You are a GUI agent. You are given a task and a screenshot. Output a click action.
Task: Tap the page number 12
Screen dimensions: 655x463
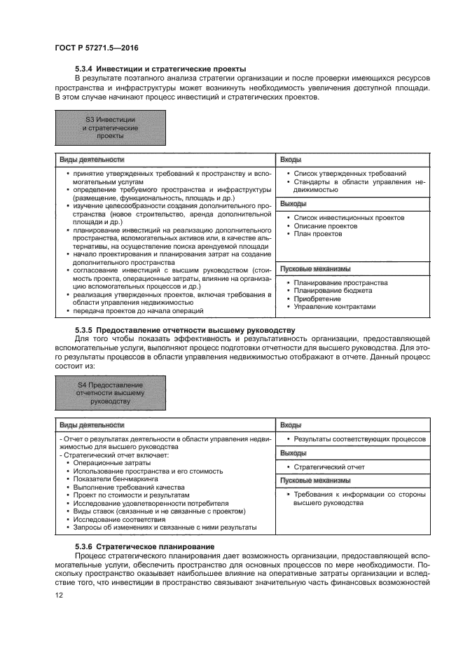[59, 595]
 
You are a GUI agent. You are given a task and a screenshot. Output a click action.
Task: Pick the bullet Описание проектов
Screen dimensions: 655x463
[326, 226]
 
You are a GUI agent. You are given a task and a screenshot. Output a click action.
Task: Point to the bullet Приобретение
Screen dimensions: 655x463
[317, 298]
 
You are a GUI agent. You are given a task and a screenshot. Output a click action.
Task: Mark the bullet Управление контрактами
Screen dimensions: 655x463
[335, 306]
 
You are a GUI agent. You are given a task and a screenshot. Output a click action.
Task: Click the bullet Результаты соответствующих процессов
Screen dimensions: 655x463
[359, 439]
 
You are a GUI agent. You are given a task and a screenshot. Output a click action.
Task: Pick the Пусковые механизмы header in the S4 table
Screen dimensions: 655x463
[315, 480]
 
